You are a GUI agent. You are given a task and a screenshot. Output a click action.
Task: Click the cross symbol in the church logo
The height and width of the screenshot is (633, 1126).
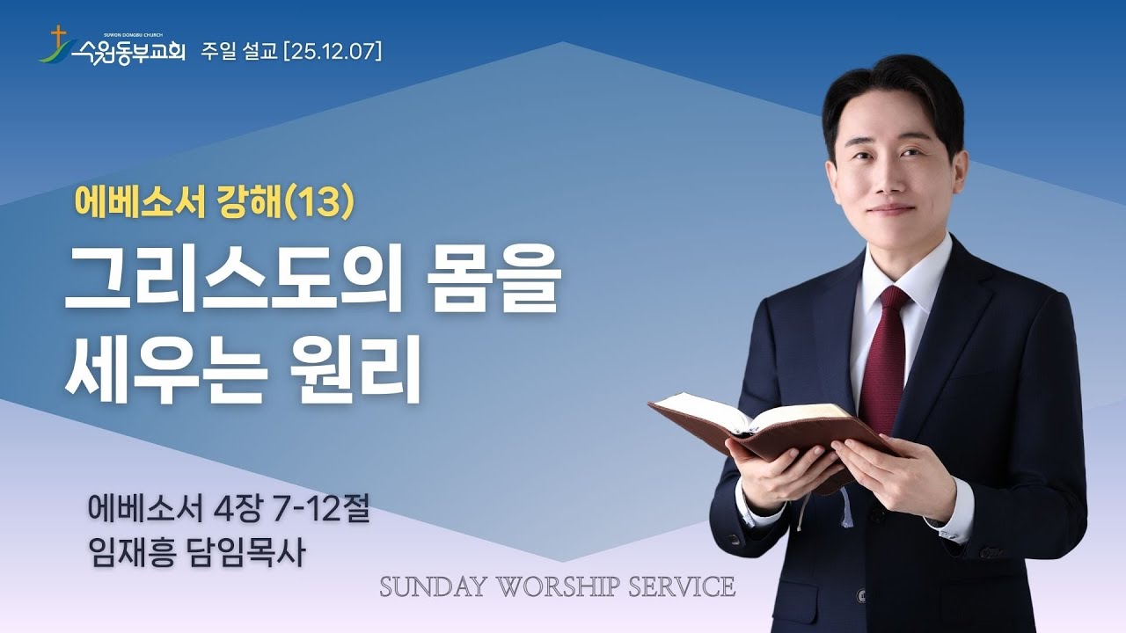59,36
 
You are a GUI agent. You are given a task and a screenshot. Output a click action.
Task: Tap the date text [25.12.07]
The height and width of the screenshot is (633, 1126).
333,52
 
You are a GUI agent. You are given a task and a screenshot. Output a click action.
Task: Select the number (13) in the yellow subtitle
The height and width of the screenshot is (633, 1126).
323,204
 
